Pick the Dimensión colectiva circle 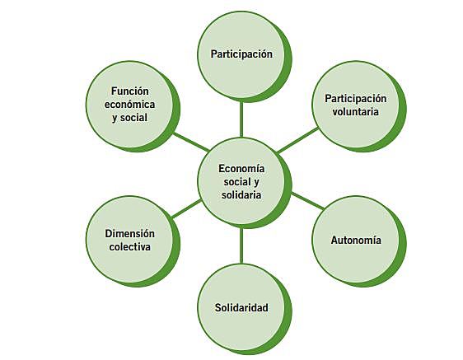point(129,240)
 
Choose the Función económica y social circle point(133,105)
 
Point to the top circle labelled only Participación point(241,54)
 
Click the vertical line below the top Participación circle point(241,116)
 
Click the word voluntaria point(357,112)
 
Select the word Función point(133,91)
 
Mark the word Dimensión point(130,233)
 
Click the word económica point(133,105)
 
